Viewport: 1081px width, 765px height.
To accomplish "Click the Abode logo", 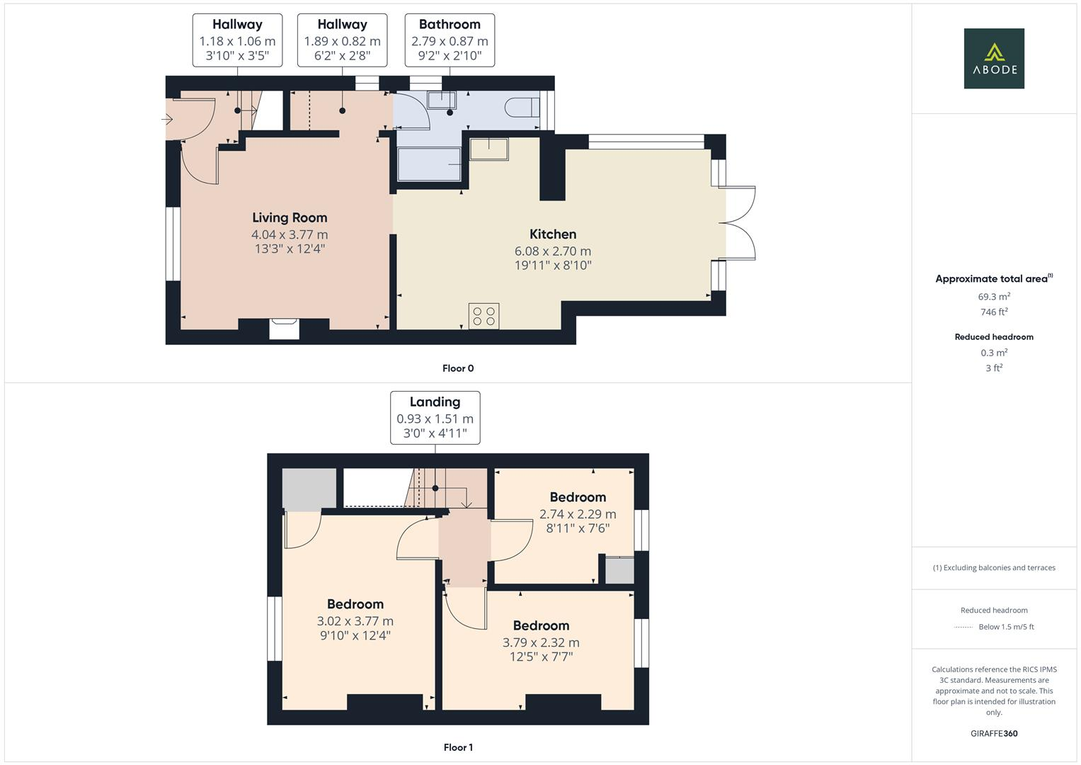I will click(x=993, y=58).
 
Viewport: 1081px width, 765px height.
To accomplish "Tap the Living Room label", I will click(x=290, y=217).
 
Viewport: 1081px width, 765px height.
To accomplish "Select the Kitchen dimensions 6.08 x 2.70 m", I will click(x=552, y=251).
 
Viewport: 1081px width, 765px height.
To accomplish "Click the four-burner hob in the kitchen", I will click(x=484, y=316).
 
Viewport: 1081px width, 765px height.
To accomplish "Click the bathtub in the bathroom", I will click(x=429, y=164).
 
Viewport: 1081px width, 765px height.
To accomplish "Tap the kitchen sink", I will click(x=488, y=149).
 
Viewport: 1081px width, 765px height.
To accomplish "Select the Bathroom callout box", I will click(x=450, y=40).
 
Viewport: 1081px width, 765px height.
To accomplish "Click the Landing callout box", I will click(x=435, y=417).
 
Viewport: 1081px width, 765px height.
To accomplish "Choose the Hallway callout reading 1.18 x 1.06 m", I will click(x=237, y=40).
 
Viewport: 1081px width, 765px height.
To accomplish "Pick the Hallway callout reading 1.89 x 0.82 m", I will click(x=342, y=40).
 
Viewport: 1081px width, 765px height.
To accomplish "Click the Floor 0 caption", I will click(x=458, y=368).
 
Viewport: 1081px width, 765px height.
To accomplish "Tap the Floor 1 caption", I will click(x=458, y=747).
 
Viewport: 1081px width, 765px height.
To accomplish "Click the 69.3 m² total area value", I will click(x=994, y=297).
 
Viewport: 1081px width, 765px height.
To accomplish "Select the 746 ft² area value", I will click(x=994, y=312).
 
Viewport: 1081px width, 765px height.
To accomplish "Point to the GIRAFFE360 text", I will click(x=994, y=733).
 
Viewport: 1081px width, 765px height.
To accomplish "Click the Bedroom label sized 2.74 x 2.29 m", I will click(x=578, y=497).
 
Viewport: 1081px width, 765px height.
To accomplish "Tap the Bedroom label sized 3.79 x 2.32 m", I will click(x=541, y=625).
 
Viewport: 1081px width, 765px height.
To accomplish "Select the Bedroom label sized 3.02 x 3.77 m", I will click(x=355, y=604).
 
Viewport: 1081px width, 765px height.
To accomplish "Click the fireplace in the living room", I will click(x=284, y=329).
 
